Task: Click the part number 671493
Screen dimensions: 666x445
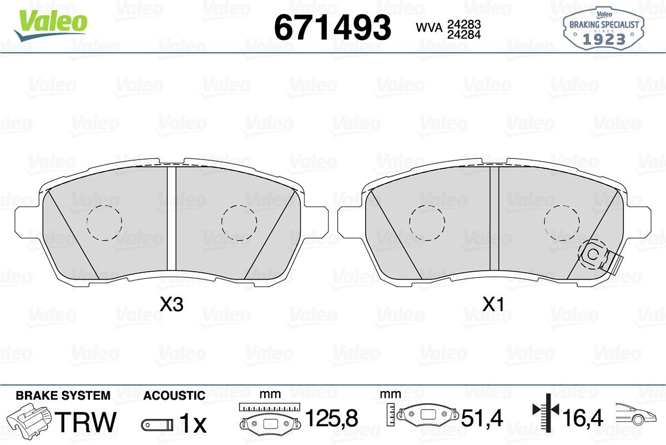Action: pos(332,27)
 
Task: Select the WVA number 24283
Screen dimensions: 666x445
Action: pos(464,24)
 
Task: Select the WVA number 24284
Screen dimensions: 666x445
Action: pos(464,34)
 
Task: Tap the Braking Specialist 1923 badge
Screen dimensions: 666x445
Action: pos(604,28)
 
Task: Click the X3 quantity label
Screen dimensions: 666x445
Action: pos(171,304)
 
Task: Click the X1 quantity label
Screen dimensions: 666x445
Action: pos(493,304)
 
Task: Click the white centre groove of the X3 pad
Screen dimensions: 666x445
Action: pos(171,222)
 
